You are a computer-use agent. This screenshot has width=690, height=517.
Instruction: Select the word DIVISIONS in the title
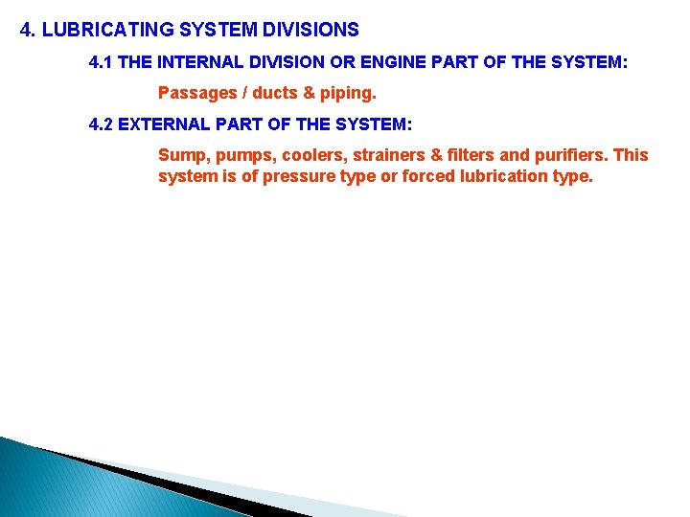point(310,30)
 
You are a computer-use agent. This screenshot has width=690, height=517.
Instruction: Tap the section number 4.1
point(101,63)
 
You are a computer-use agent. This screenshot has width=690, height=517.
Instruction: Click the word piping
point(349,94)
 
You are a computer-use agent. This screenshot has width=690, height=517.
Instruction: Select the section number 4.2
point(101,124)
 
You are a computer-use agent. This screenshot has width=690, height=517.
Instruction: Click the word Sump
point(179,155)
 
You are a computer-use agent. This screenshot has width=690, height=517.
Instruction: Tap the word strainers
point(393,155)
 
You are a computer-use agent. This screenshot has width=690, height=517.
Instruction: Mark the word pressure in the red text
point(280,176)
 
